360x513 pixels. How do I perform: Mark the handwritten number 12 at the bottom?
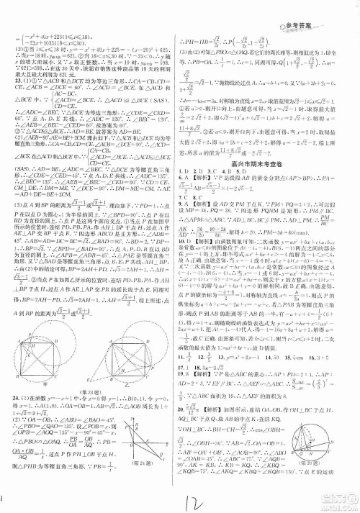189,496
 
